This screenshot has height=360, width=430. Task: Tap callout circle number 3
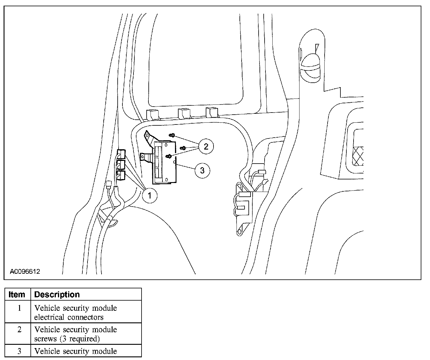202,170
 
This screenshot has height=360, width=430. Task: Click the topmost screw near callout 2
172,135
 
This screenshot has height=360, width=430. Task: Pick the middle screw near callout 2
183,148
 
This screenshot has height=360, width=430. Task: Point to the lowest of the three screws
169,156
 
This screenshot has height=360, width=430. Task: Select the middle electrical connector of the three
121,164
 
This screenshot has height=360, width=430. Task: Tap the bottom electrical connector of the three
121,175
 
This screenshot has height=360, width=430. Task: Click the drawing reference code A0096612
25,272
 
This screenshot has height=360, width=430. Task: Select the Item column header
17,294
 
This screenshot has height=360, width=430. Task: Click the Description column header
57,294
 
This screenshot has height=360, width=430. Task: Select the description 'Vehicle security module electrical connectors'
76,313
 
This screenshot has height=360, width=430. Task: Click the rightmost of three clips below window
212,112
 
